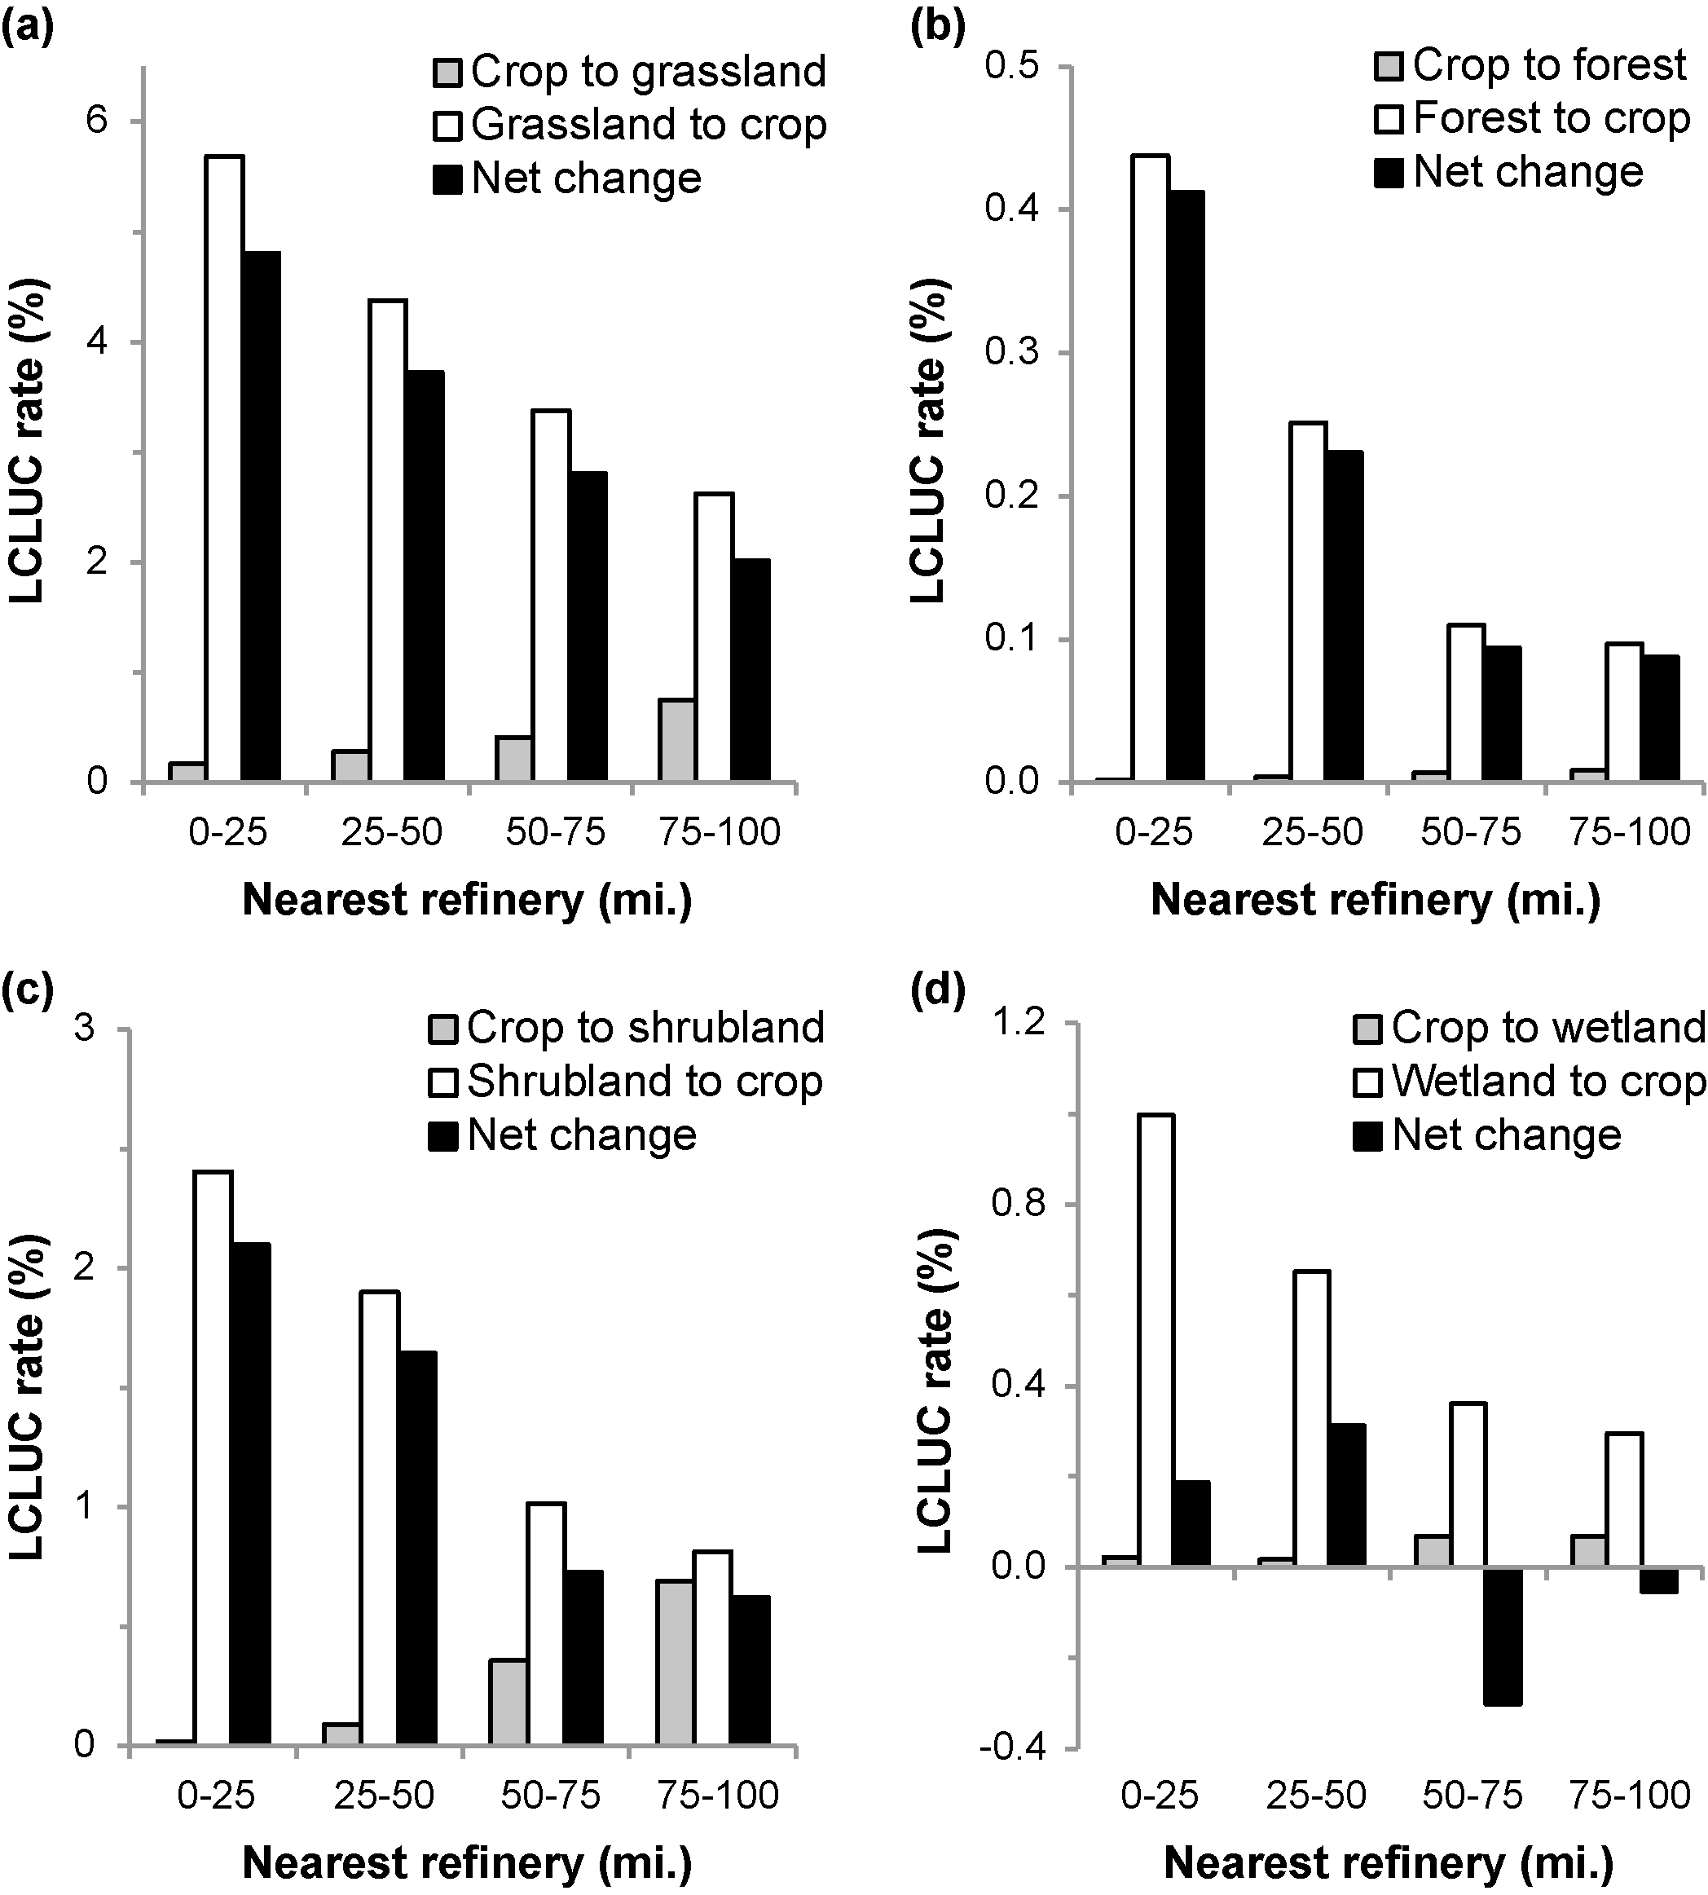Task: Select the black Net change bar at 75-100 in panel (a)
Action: tap(751, 670)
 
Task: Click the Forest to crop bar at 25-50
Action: tap(1308, 602)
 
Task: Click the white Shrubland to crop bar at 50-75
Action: tap(546, 1624)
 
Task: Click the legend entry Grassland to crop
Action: tap(648, 125)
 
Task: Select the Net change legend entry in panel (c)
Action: tap(582, 1135)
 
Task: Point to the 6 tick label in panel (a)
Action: tap(97, 121)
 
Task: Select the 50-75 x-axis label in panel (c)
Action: tap(551, 1796)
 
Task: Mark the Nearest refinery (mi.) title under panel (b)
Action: tap(1376, 899)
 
